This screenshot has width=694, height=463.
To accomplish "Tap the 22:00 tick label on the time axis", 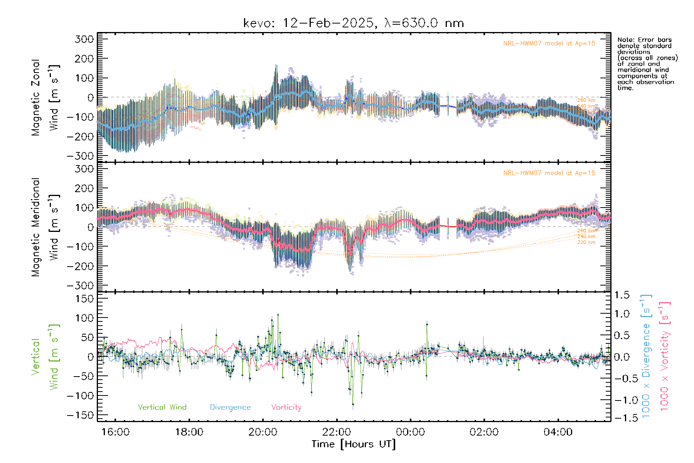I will point(337,432).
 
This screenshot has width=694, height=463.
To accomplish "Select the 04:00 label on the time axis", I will point(558,432).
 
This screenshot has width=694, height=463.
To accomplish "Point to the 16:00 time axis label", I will point(115,432).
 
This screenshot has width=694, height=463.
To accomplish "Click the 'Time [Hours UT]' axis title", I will point(353,444).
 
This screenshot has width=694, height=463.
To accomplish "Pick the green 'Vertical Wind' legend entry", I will point(162,407).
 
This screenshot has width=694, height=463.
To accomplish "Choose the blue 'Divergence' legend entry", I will point(230,407).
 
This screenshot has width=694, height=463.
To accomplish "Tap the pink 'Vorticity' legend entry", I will point(286,407).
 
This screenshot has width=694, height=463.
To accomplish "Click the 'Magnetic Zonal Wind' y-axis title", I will point(45,98).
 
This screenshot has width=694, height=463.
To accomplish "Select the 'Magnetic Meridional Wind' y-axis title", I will point(45,227).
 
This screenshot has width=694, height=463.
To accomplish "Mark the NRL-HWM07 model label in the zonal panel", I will point(549,43).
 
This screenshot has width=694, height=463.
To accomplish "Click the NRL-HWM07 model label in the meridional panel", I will point(549,173).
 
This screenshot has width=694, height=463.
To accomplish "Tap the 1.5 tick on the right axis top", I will point(622,295).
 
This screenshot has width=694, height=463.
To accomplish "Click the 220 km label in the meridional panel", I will point(586,242).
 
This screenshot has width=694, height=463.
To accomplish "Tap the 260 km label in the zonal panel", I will point(586,100).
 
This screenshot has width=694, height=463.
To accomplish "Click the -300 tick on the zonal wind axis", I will point(80,156).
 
